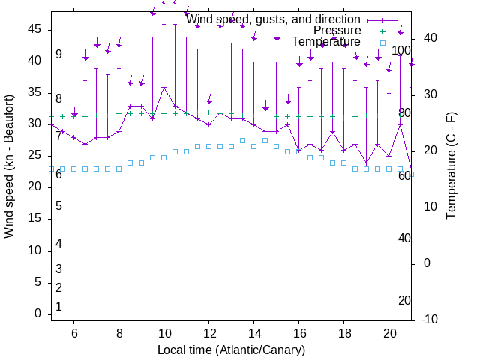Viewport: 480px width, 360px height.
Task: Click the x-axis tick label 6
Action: pos(74,332)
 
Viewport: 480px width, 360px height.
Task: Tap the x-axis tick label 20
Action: pos(389,332)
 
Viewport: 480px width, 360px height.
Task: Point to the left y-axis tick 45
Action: pos(34,29)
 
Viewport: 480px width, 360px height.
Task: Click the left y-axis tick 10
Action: pos(34,250)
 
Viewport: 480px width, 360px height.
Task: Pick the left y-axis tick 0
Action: pos(37,313)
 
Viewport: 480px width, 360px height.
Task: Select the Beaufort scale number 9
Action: pos(58,55)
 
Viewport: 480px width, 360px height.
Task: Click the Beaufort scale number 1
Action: pos(58,307)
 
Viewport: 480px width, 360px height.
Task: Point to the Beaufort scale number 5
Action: pos(58,206)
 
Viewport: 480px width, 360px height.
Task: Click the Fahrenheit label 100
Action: pos(401,51)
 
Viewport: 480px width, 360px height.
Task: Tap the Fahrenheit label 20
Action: pos(404,300)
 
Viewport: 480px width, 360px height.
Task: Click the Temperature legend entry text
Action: pos(325,42)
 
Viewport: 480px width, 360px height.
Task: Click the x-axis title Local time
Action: pos(231,349)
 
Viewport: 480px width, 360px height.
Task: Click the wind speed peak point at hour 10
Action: pos(163,88)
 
